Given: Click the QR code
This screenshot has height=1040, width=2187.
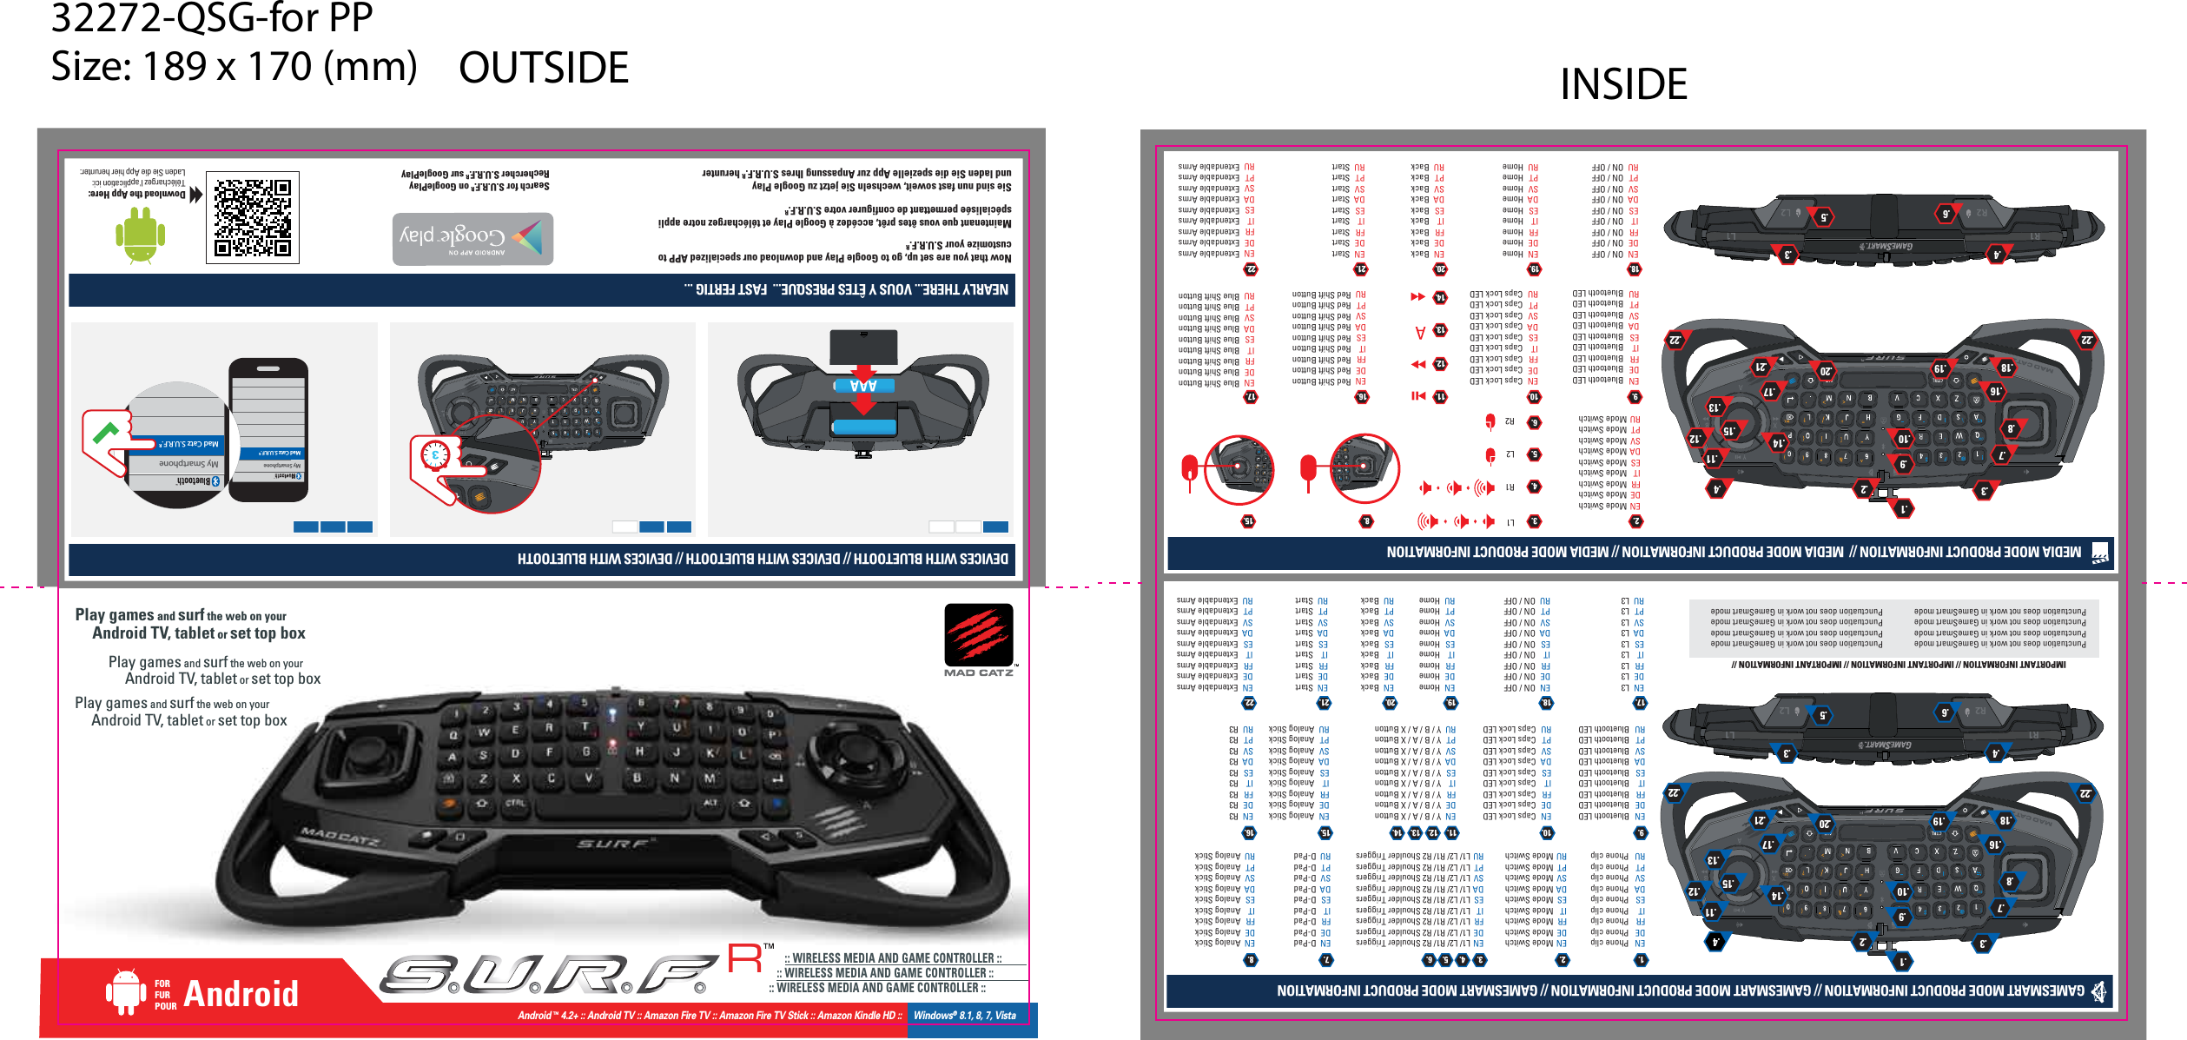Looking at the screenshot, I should click(253, 217).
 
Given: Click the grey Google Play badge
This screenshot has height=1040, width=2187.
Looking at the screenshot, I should click(472, 238).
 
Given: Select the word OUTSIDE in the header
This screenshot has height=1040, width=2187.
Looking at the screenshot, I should click(544, 68).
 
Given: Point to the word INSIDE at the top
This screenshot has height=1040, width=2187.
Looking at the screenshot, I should click(1623, 84).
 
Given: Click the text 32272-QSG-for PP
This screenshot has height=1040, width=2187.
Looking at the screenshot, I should click(212, 18).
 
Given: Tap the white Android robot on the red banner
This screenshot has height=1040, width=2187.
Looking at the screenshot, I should click(125, 991).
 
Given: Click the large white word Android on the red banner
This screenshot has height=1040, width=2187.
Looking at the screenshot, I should click(241, 994).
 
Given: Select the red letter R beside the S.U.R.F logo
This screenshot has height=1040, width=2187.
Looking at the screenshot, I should click(744, 958).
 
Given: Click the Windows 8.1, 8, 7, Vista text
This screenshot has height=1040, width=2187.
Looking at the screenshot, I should click(964, 1016).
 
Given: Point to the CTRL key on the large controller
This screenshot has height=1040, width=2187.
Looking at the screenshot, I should click(515, 804).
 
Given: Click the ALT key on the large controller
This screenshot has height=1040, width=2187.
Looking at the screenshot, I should click(710, 802).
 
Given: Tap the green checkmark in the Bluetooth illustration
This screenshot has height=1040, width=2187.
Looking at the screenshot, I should click(106, 431).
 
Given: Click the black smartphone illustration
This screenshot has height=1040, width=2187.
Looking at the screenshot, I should click(268, 429).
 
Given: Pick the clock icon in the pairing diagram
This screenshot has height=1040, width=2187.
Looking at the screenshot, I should click(434, 454).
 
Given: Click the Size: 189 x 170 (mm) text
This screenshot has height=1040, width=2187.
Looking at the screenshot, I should click(234, 67).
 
